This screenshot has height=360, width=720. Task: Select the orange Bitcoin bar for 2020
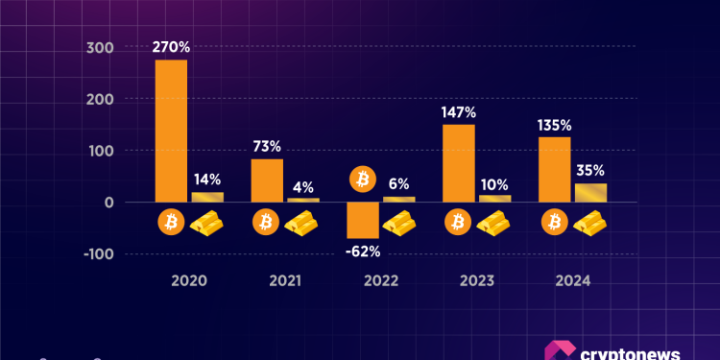click(x=171, y=131)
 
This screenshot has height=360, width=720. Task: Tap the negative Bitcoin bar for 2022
click(x=363, y=220)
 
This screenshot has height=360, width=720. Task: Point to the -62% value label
click(x=363, y=252)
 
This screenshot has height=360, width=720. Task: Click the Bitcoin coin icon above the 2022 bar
click(x=363, y=179)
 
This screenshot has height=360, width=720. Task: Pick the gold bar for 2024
click(x=590, y=192)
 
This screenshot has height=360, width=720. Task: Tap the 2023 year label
click(x=477, y=281)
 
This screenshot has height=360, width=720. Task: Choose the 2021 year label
click(x=285, y=281)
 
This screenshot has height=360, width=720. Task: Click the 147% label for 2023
click(x=459, y=112)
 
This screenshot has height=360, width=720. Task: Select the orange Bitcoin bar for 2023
click(x=459, y=163)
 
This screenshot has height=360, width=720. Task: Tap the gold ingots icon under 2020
click(x=208, y=224)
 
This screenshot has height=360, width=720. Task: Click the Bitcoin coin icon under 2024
click(x=555, y=224)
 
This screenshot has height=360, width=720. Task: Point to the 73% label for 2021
click(x=267, y=147)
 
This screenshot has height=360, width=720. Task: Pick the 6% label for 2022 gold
click(x=399, y=183)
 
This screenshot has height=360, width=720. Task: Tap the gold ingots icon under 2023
click(x=496, y=224)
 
